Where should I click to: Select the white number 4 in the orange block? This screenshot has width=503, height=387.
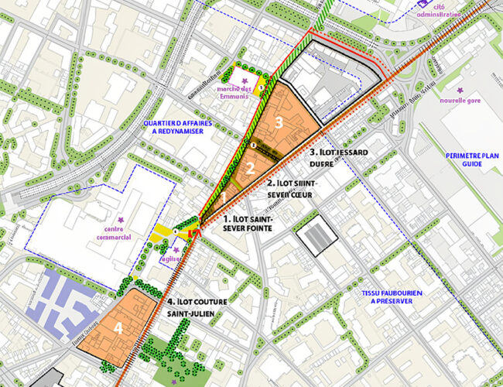[x=118, y=328]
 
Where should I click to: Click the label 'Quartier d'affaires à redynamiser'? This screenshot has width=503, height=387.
[x=181, y=126]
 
